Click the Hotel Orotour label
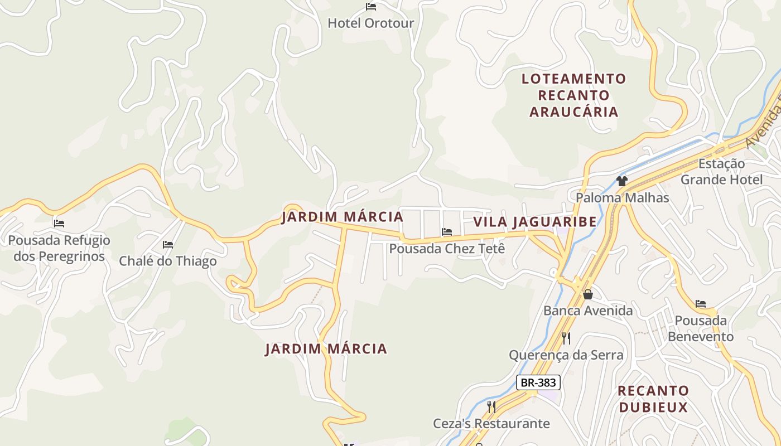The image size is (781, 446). [370, 23]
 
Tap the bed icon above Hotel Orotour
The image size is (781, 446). [370, 7]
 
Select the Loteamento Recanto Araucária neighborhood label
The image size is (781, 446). [573, 95]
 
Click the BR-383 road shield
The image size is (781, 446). [538, 382]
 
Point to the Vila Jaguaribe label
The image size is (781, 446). [535, 222]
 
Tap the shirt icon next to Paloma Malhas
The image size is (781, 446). [621, 181]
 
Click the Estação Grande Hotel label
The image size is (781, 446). [721, 172]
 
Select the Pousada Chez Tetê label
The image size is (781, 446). [447, 249]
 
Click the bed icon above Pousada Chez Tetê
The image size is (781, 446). [446, 232]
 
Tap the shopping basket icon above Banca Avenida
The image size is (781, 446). [587, 294]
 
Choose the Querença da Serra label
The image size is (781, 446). [566, 355]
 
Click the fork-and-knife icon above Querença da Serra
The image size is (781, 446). [566, 338]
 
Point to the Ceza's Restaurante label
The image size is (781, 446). [491, 424]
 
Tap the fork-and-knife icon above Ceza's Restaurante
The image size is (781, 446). [491, 406]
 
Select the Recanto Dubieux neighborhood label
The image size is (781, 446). [653, 399]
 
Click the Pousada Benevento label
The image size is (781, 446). [701, 328]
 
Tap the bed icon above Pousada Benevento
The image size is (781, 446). [701, 304]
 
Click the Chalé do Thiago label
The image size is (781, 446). [167, 261]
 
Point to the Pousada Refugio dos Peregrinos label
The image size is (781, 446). [59, 249]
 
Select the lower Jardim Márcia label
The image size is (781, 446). [326, 349]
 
